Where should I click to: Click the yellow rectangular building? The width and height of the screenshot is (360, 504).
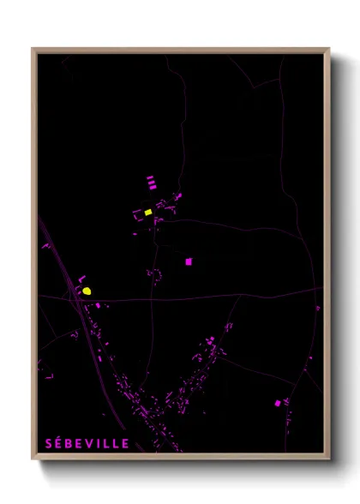(148, 211)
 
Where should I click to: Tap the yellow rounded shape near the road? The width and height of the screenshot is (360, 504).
(87, 291)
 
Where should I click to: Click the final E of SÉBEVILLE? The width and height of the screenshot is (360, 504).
(126, 443)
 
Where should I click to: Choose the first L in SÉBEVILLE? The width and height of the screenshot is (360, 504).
(108, 443)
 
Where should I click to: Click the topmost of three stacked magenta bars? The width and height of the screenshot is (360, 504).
(151, 177)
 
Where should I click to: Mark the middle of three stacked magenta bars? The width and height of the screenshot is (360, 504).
(151, 182)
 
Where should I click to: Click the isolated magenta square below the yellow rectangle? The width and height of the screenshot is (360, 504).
(189, 261)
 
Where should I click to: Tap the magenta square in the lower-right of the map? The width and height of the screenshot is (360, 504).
(278, 402)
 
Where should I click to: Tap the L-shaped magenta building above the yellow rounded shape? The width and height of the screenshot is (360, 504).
(81, 279)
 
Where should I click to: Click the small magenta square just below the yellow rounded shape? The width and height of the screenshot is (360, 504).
(98, 304)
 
